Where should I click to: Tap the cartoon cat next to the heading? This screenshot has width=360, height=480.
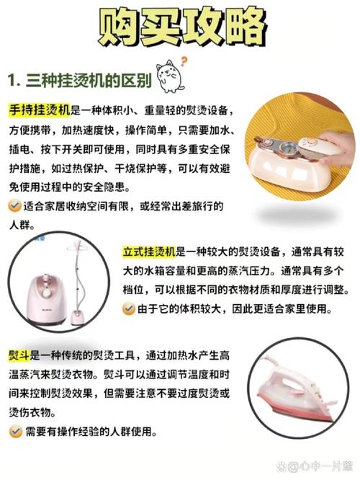pos(170,76)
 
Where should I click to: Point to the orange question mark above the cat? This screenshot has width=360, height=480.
pos(184,61)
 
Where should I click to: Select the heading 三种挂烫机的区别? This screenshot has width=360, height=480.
pos(89,81)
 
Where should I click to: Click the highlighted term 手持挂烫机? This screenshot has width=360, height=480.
pos(40,110)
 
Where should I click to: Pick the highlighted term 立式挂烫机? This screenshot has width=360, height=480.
pos(149,252)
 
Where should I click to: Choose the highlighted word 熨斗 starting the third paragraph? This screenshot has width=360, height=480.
pos(19,355)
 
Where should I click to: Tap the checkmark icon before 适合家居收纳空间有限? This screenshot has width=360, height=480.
pos(14,206)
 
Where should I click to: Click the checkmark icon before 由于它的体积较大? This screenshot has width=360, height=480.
pos(128,308)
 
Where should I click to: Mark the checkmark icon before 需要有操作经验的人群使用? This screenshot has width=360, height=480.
pos(15,432)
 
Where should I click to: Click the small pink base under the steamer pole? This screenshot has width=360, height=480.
pos(78,317)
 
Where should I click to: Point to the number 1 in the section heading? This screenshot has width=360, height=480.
pos(12,81)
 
